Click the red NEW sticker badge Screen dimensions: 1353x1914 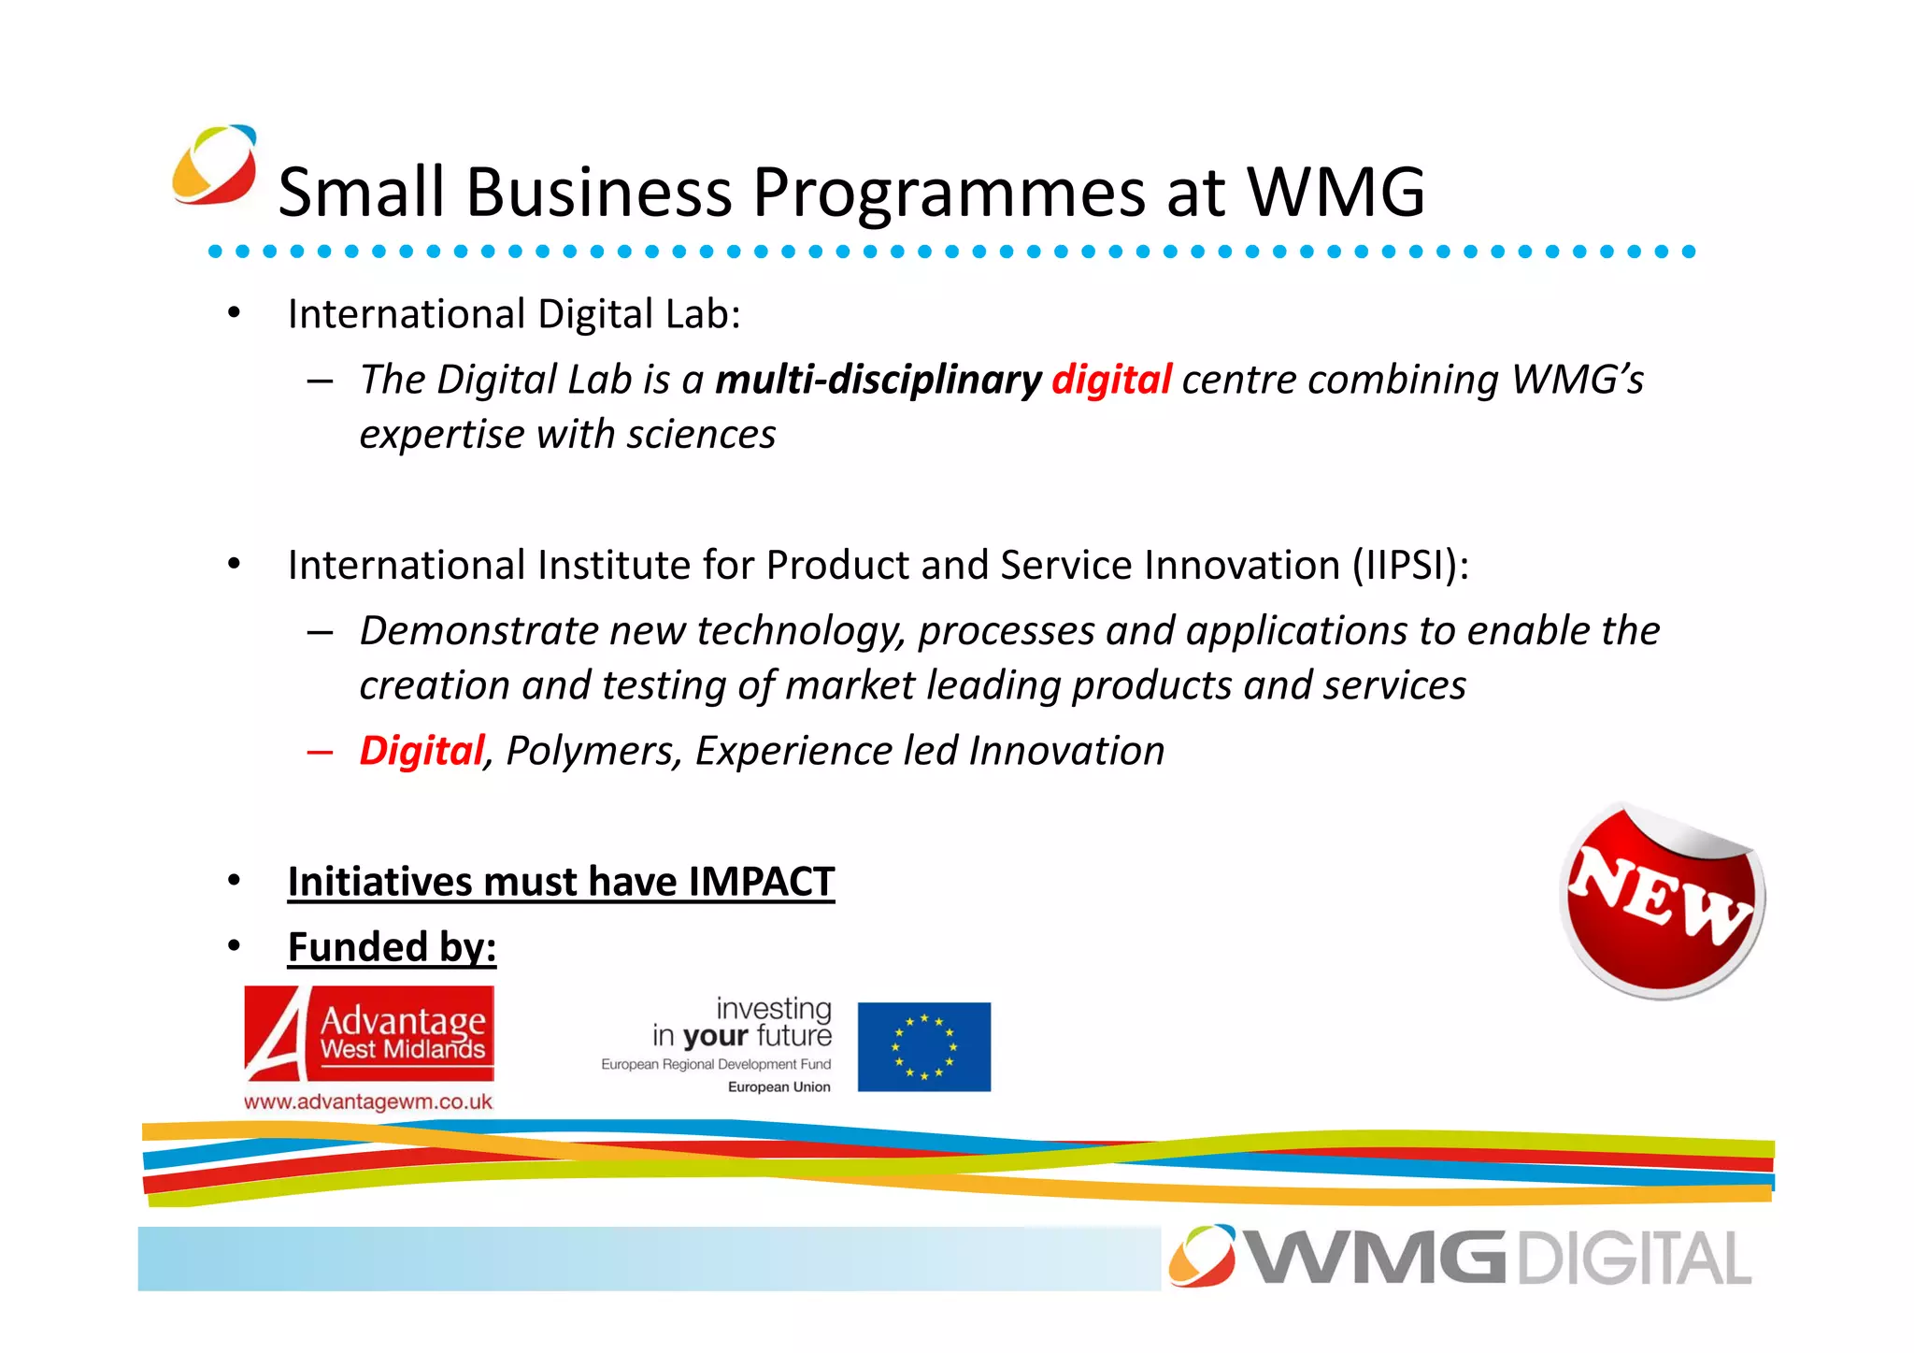click(1662, 900)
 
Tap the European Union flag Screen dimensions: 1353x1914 click(923, 1046)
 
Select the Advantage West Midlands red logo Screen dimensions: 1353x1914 click(369, 1034)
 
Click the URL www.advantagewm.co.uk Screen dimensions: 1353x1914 click(368, 1102)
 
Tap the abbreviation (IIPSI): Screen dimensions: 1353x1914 click(1410, 566)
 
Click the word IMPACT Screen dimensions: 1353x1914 click(761, 882)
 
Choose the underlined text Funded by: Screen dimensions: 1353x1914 click(392, 947)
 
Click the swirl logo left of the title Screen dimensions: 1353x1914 click(215, 165)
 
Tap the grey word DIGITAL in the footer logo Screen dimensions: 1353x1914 click(1633, 1259)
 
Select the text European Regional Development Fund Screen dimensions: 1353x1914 click(715, 1065)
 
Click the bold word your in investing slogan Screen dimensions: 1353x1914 click(715, 1036)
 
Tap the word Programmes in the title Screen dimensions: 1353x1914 click(949, 193)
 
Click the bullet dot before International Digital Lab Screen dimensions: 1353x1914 click(235, 313)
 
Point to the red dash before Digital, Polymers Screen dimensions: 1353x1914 click(320, 752)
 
